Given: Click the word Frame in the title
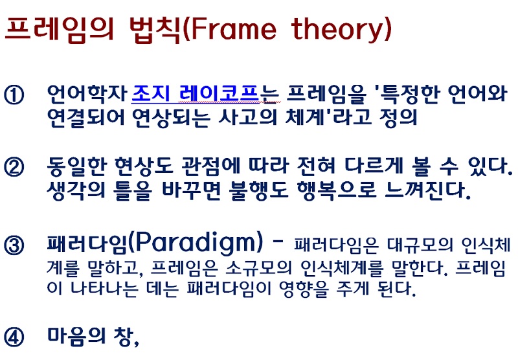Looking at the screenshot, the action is (x=234, y=28).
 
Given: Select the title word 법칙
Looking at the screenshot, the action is (x=155, y=30).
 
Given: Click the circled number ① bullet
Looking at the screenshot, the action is (x=14, y=95).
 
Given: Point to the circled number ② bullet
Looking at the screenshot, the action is (x=14, y=166).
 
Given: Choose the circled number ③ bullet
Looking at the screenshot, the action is (x=14, y=245).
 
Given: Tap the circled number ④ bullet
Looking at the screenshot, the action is (x=14, y=337).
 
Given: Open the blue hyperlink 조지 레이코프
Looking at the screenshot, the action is (x=195, y=93).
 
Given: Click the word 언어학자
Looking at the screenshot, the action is (x=87, y=93).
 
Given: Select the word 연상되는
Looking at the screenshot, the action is (x=171, y=117).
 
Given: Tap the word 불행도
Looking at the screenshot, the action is (x=258, y=190).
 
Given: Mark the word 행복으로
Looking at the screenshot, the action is (x=337, y=190).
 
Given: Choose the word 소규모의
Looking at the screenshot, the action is (x=258, y=267).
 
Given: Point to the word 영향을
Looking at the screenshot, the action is (x=304, y=289).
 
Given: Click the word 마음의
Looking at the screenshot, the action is (x=76, y=336).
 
